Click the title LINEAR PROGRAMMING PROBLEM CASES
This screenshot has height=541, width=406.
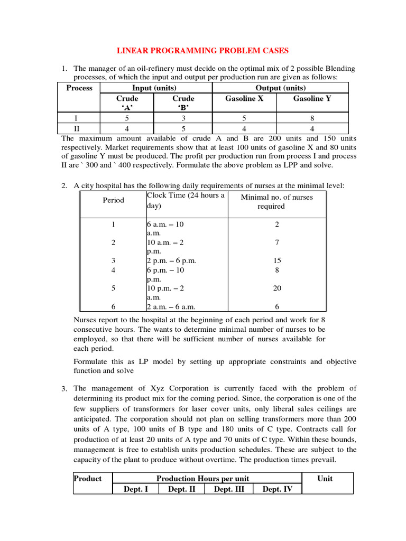[202, 51]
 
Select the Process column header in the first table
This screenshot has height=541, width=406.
[79, 88]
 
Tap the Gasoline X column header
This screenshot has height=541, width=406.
[244, 98]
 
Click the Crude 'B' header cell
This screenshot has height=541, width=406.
[183, 103]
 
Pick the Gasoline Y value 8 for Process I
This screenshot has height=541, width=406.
[312, 118]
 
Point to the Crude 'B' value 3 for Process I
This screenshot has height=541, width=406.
[183, 118]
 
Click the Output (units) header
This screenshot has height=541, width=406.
[280, 88]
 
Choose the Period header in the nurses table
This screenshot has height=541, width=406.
[114, 200]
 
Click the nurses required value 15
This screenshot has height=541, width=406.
[277, 260]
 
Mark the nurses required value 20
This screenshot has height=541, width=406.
[277, 288]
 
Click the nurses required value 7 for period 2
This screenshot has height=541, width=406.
[277, 242]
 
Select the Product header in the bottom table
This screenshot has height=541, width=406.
[88, 479]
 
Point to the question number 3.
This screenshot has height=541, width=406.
[64, 389]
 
